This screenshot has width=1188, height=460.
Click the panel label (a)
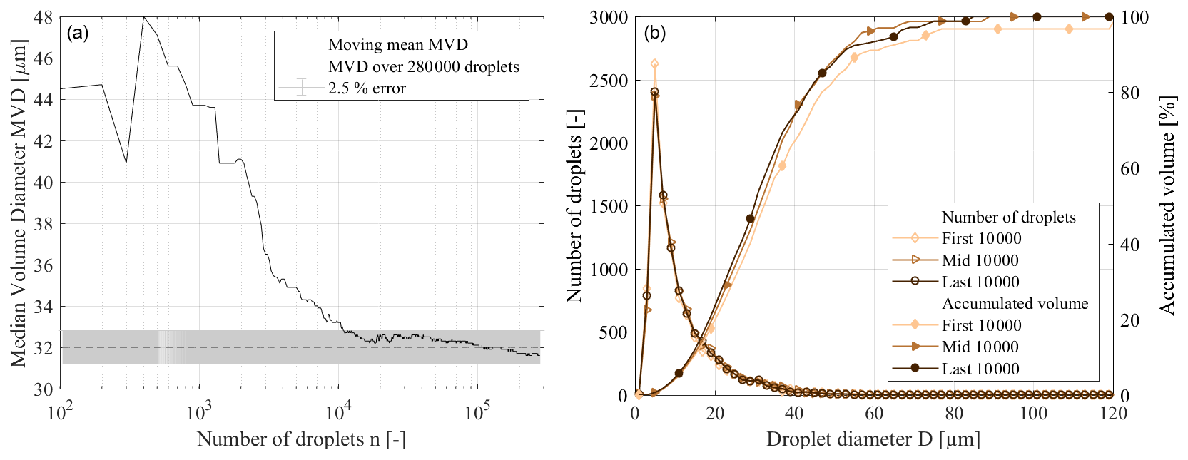(77, 33)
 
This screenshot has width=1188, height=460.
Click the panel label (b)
(655, 33)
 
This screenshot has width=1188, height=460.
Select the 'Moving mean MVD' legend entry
(397, 45)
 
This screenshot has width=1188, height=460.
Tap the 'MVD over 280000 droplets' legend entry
(423, 67)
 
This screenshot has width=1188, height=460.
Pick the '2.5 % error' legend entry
(367, 88)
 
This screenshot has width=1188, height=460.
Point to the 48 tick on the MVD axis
(44, 17)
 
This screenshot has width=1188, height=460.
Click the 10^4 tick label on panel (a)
(337, 413)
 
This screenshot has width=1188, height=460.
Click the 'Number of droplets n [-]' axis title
(301, 439)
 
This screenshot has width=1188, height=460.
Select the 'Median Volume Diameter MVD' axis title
(19, 203)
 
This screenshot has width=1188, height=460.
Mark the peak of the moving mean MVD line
(144, 17)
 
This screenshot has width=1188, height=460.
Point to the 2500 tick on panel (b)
(608, 81)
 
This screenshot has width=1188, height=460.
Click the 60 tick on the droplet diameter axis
(874, 414)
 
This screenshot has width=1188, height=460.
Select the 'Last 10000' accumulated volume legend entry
(980, 369)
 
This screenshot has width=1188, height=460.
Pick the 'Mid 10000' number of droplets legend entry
(980, 260)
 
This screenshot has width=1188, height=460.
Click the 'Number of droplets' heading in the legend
(1008, 218)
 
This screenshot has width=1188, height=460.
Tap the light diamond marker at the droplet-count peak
(654, 64)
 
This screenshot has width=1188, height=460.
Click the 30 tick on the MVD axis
(44, 389)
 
